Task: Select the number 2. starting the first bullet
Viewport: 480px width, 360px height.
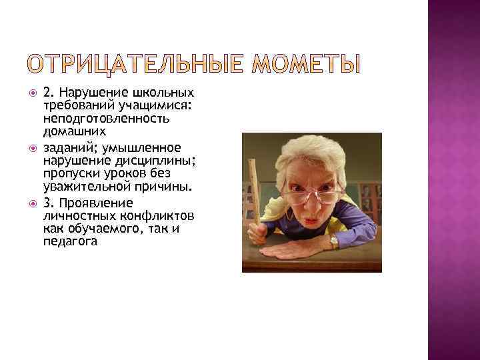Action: [49, 93]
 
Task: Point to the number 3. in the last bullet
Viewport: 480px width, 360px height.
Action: [49, 202]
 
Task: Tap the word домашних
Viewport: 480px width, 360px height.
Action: [70, 131]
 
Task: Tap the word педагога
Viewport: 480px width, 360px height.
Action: [69, 241]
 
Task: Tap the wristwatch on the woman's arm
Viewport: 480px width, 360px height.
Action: [334, 241]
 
